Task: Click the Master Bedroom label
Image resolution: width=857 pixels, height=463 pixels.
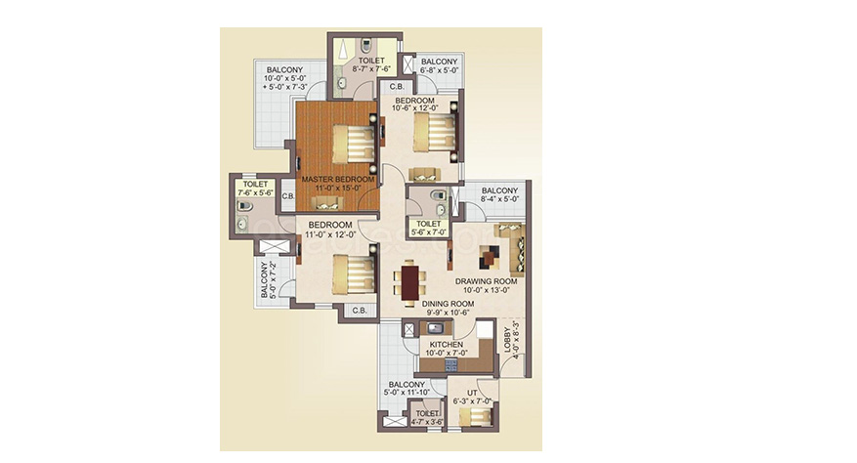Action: (x=338, y=180)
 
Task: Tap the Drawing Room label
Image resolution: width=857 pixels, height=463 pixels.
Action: (x=487, y=281)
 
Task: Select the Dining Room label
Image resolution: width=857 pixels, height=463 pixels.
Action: (x=448, y=304)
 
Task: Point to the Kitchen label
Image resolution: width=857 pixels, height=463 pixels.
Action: (x=446, y=345)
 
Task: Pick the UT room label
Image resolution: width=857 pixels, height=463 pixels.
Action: (x=472, y=393)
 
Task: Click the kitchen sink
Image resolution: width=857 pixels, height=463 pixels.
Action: (x=436, y=328)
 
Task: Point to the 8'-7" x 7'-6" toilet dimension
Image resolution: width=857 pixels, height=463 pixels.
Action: (x=371, y=69)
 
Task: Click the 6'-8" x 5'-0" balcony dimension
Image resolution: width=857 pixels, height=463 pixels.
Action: (x=439, y=70)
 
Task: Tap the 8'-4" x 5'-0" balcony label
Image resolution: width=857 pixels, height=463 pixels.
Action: (x=499, y=195)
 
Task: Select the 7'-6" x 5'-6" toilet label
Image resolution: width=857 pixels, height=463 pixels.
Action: (x=255, y=189)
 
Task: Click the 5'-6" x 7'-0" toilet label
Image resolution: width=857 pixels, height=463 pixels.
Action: (x=428, y=228)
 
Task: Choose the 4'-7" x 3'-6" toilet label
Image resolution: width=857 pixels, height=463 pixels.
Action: (x=427, y=418)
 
